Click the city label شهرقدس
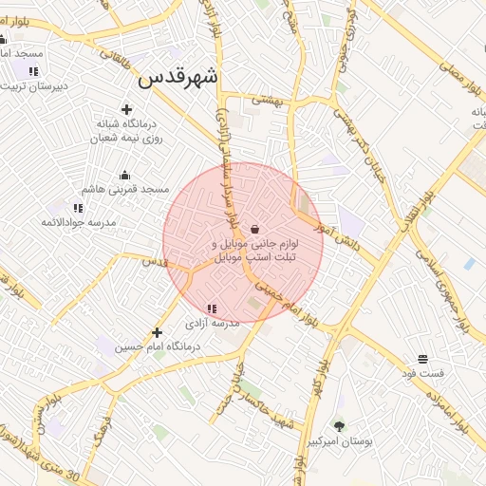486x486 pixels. point(178,78)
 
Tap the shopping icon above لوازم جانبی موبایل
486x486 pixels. point(254,229)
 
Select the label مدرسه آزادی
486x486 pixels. point(215,323)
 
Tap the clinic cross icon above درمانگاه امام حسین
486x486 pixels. point(158,332)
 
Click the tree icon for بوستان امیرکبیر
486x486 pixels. point(339,426)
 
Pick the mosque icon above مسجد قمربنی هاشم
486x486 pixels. point(124,175)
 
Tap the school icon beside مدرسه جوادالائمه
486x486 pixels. point(78,207)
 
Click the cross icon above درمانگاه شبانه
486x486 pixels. point(126,109)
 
